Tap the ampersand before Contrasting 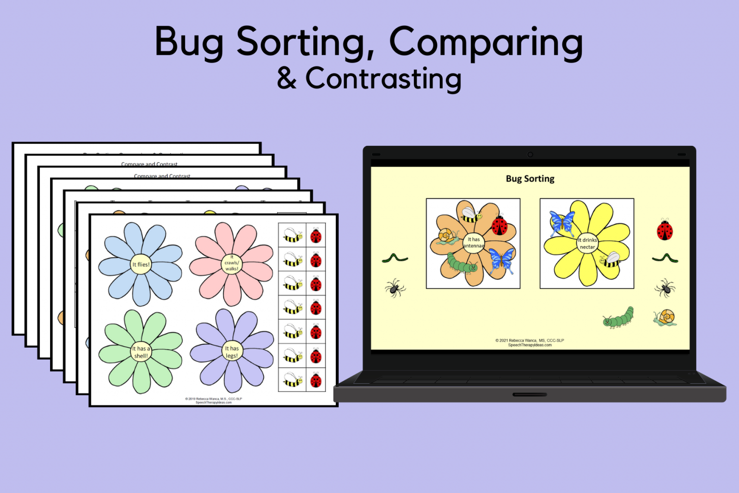(287, 79)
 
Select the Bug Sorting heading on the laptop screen (530, 179)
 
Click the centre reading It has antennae (473, 242)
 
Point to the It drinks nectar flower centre (587, 243)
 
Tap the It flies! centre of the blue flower (141, 264)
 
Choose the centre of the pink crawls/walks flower (231, 263)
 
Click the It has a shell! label (141, 352)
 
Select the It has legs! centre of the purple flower (231, 352)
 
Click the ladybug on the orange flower (499, 225)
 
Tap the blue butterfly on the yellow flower (561, 222)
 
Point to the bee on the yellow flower (610, 259)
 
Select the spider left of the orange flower (395, 288)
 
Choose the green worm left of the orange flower (395, 259)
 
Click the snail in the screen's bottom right (665, 317)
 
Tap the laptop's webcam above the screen (530, 155)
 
